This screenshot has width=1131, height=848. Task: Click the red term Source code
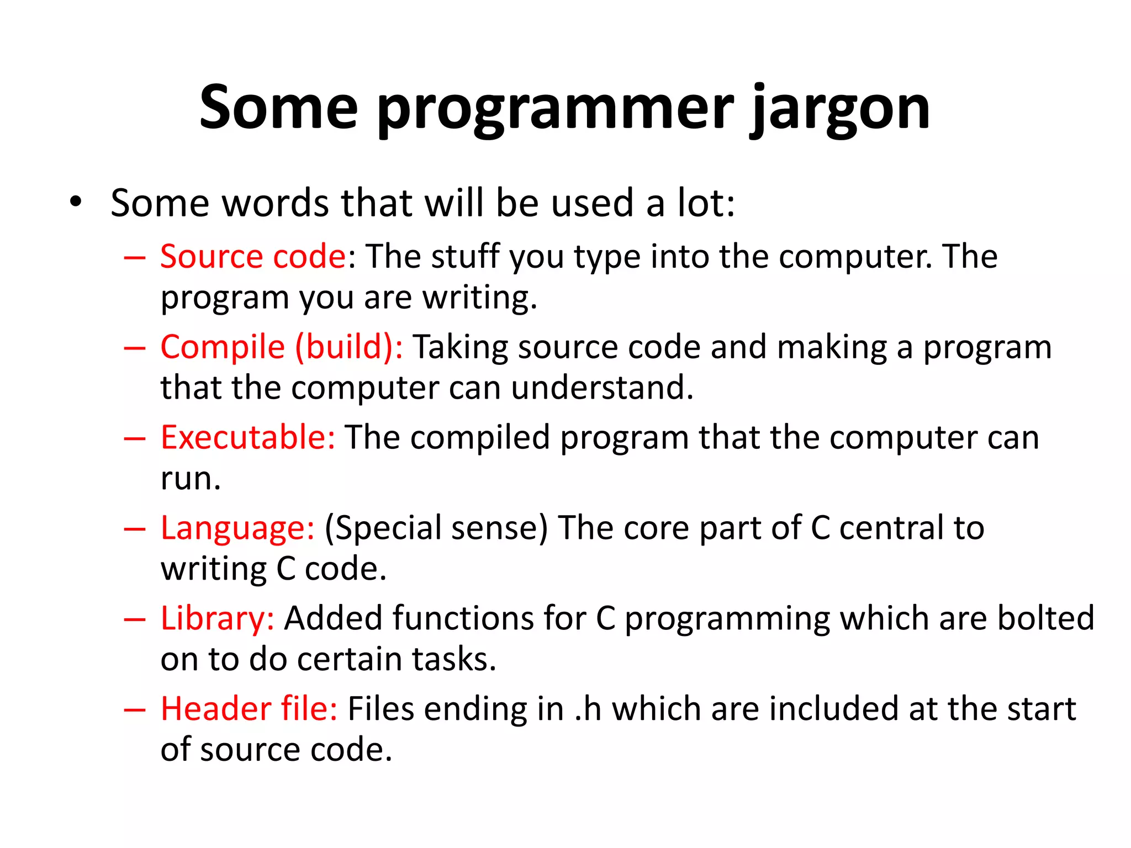point(253,257)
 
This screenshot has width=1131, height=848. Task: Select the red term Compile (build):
point(282,347)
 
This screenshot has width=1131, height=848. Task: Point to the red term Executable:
point(248,437)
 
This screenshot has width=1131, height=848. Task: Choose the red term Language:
point(237,528)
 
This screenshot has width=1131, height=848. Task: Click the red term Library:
point(217,618)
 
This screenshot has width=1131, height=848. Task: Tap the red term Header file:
point(249,709)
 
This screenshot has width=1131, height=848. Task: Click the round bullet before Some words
point(76,202)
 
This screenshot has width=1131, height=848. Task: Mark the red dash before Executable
point(135,438)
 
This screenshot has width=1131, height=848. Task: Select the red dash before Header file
point(135,709)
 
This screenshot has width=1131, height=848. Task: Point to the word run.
point(190,478)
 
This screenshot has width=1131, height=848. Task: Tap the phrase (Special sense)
point(436,528)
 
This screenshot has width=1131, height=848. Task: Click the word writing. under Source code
point(479,298)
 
